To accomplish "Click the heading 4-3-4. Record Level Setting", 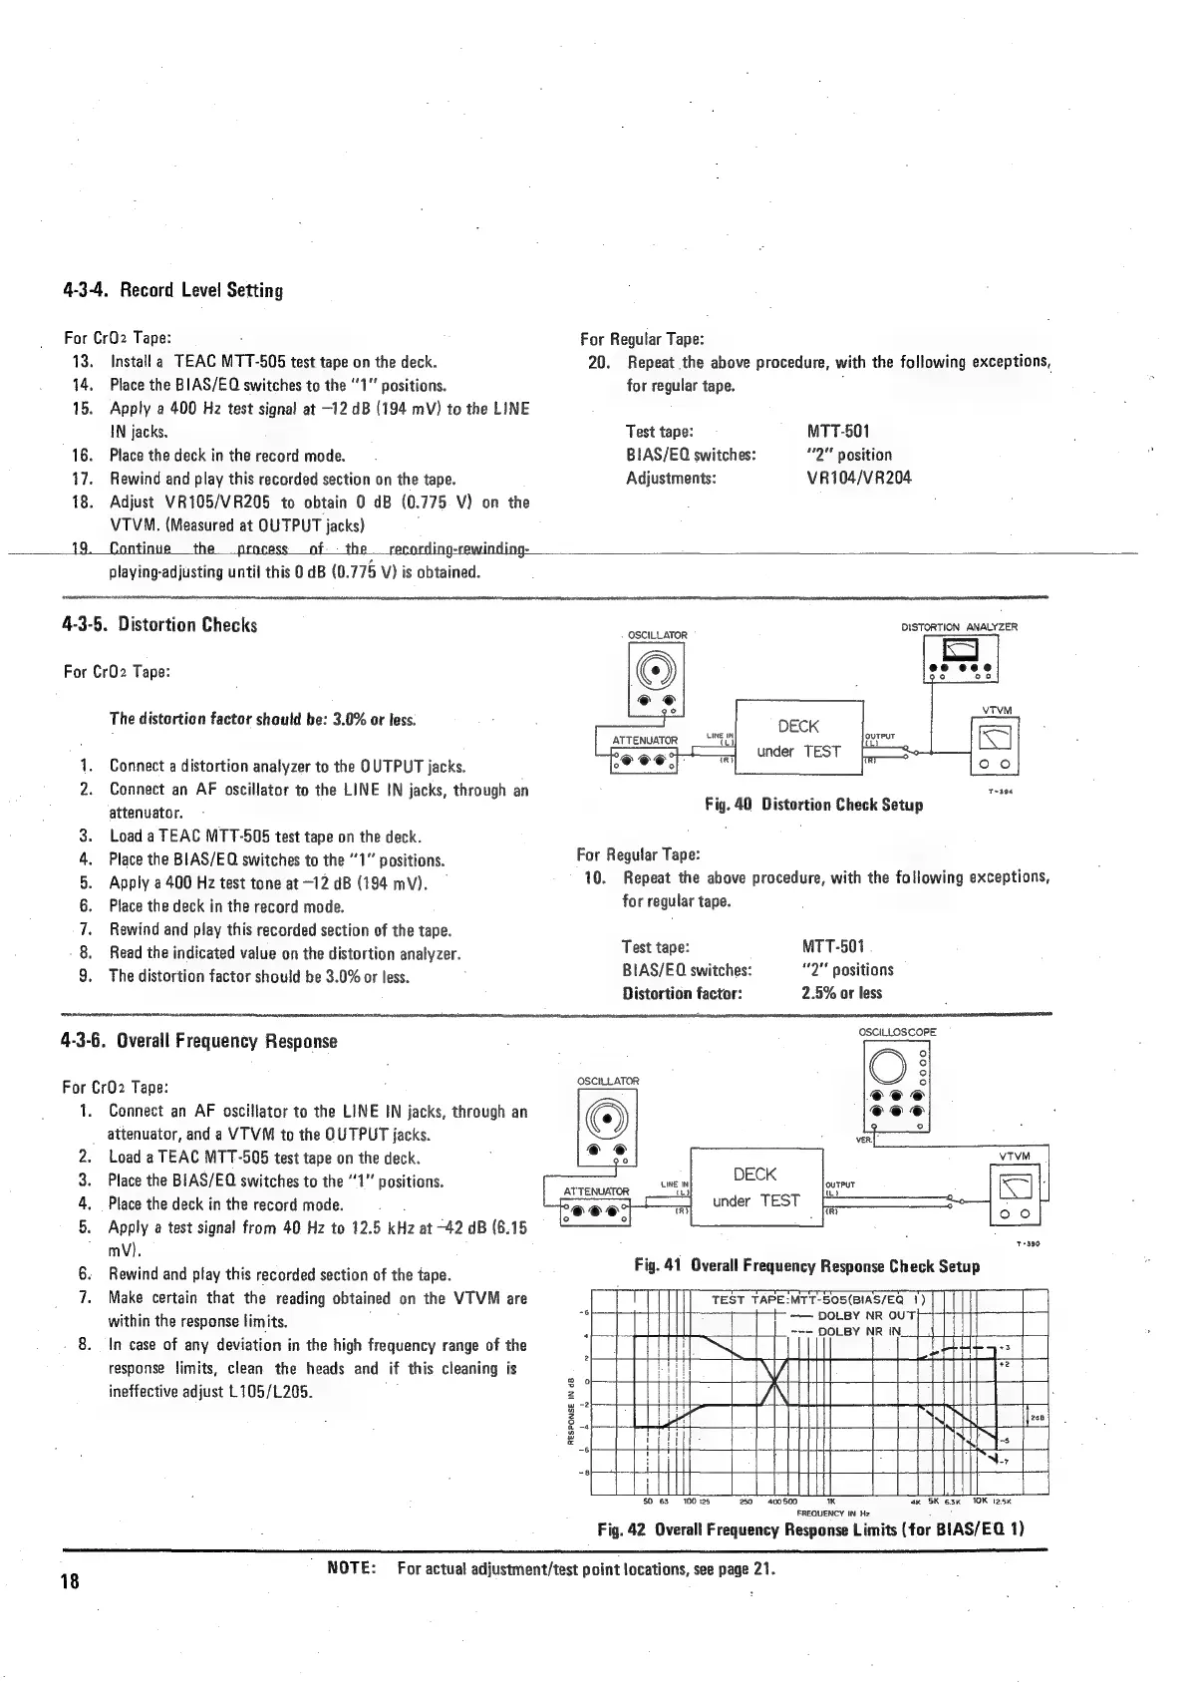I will coord(172,291).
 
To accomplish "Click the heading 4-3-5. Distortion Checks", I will coord(159,625).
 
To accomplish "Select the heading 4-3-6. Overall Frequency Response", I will coord(199,1041).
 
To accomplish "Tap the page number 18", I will coord(72,1582).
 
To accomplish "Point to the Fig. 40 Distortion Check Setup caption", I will coord(813,805).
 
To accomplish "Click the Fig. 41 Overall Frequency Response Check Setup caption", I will coord(807,1265).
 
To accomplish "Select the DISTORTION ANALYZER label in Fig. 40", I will coord(959,627).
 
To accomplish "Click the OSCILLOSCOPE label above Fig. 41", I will coord(897,1033).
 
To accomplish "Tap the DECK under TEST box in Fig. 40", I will coord(798,739).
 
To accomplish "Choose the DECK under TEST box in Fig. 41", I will coord(755,1187).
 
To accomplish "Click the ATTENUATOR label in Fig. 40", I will coord(644,740).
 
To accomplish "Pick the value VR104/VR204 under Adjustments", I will coord(858,478).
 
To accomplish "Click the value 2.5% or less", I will coord(841,993).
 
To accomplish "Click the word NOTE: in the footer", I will coord(351,1569).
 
